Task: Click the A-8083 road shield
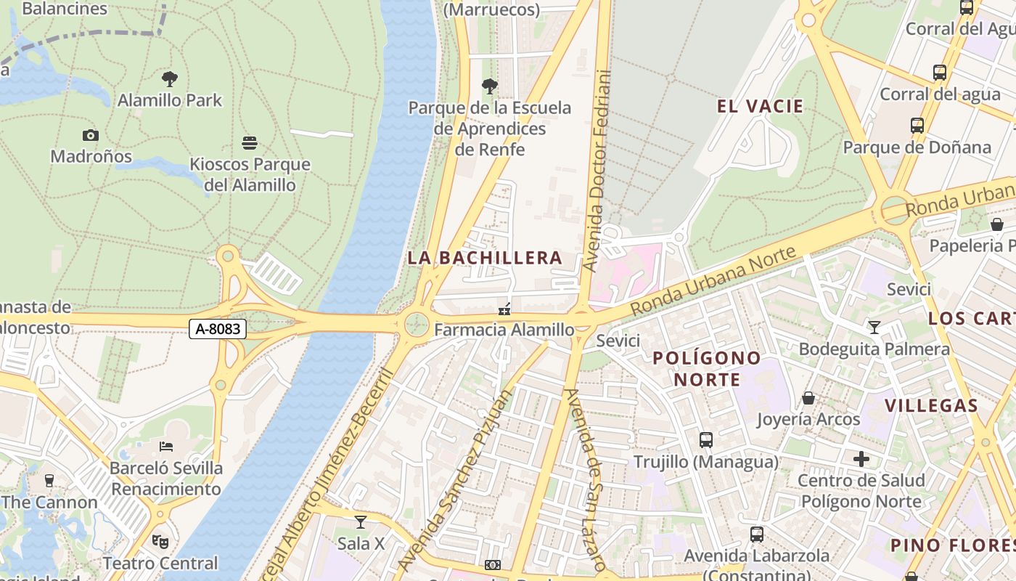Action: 218,329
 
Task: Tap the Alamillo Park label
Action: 170,100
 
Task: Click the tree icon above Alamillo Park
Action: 170,78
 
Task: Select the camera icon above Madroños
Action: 91,135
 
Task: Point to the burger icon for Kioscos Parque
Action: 250,142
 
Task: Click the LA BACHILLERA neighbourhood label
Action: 485,258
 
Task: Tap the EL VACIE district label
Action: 760,107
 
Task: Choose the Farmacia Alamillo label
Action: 504,330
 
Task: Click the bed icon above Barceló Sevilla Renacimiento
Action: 166,446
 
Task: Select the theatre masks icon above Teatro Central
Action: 160,541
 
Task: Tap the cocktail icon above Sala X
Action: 360,521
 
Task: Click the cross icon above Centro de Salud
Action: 861,459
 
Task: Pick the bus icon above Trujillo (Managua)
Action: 705,439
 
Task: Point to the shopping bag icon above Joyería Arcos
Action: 808,398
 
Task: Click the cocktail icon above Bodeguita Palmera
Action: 874,328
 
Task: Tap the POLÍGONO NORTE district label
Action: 706,368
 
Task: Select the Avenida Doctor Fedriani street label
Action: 598,171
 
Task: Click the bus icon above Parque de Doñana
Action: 917,126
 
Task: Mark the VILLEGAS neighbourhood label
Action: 931,405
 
